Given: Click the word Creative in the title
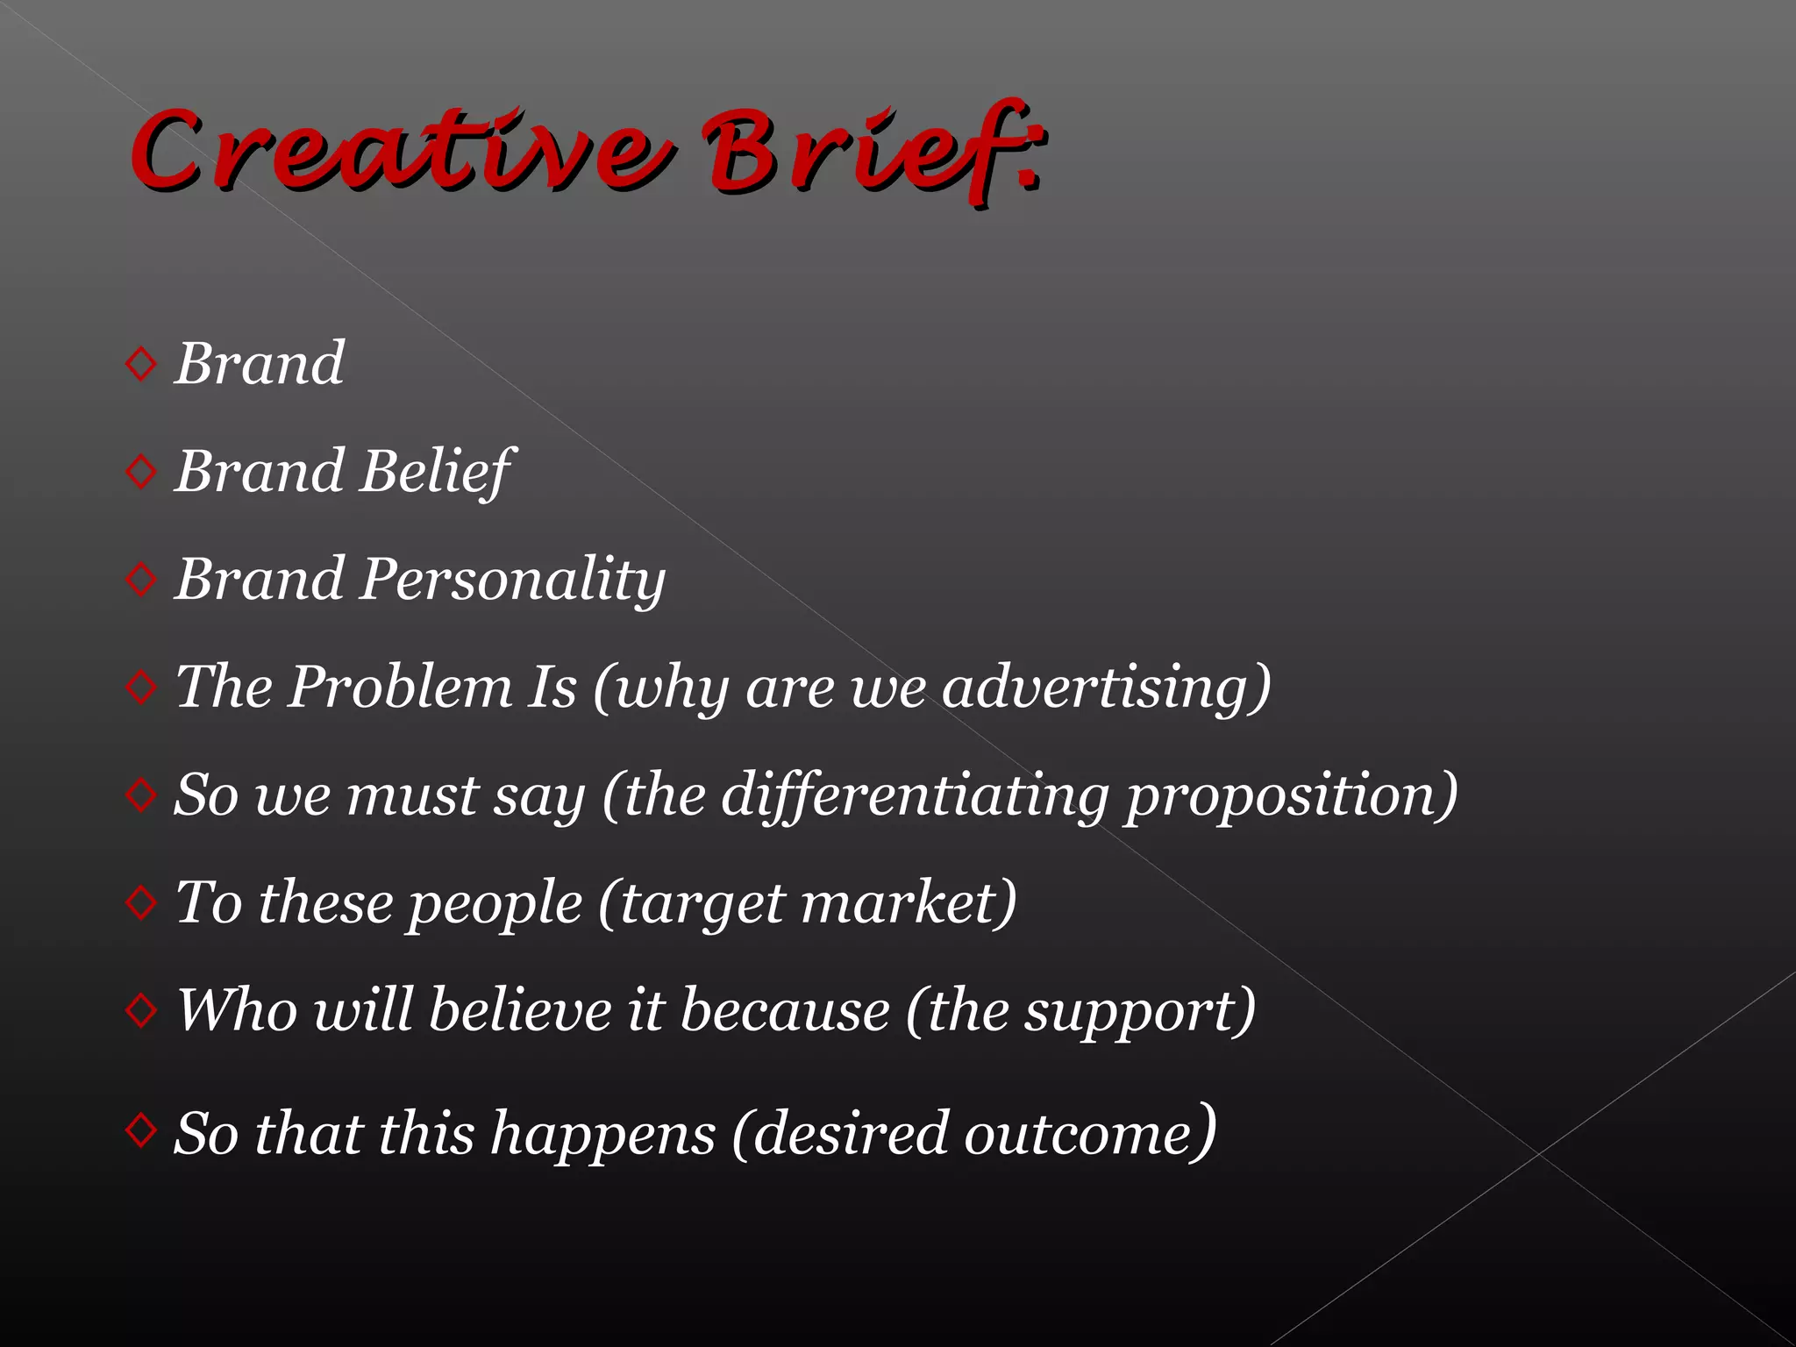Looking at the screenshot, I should (x=399, y=151).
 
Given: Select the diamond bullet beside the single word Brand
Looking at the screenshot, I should (x=141, y=363).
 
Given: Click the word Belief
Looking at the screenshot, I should (x=436, y=471).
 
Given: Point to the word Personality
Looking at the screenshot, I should (x=513, y=580).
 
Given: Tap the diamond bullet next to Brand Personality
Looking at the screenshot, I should (x=141, y=579).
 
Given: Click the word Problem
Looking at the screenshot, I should (x=401, y=686).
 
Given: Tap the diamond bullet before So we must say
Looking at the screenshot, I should (x=141, y=795).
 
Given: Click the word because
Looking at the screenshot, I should (x=785, y=1009).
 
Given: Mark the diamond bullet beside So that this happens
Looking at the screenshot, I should (x=141, y=1130).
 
